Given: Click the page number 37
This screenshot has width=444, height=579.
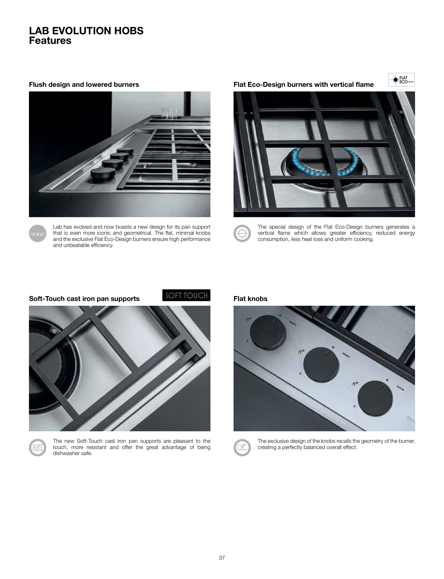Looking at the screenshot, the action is coord(222,558).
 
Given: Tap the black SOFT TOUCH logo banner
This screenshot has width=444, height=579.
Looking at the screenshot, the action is coord(186,295).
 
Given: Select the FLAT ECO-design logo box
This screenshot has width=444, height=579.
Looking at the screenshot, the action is coord(401,80).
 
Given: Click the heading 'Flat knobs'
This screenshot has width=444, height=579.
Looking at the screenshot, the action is coord(250,299).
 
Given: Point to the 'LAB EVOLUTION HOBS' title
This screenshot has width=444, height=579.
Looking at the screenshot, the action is coord(86,31).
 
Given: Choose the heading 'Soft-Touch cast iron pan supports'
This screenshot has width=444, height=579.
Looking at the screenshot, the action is coord(84,299).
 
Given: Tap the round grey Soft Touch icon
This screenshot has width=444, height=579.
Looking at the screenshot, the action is coord(37,448).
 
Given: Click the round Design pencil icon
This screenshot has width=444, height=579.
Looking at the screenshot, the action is coord(242,448).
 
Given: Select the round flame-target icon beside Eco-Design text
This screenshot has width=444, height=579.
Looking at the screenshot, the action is coord(242,233).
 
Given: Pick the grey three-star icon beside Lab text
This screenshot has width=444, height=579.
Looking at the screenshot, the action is coord(37,233).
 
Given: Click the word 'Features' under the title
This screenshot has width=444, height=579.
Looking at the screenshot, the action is coord(50,41).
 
